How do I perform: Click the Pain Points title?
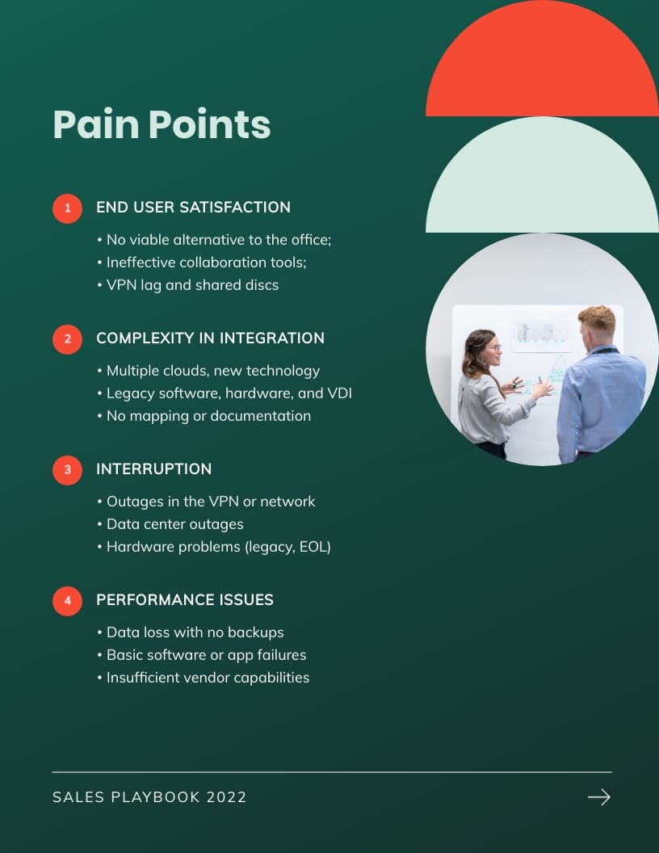[162, 125]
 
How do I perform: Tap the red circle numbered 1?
[67, 208]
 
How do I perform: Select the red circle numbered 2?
[67, 339]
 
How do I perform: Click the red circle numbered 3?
[67, 470]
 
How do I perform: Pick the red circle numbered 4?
[67, 601]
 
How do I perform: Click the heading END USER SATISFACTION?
[193, 208]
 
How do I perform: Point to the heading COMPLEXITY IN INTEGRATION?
[210, 338]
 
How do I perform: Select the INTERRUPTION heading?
[154, 469]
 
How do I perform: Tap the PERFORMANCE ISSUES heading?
[185, 600]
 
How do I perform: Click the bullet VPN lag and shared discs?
[188, 285]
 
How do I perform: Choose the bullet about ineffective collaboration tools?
[202, 263]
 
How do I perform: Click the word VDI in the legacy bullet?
[340, 393]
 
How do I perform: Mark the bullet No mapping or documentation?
[204, 416]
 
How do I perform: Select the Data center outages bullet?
[170, 524]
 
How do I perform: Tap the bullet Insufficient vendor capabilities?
[204, 678]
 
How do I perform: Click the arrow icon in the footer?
[599, 797]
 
